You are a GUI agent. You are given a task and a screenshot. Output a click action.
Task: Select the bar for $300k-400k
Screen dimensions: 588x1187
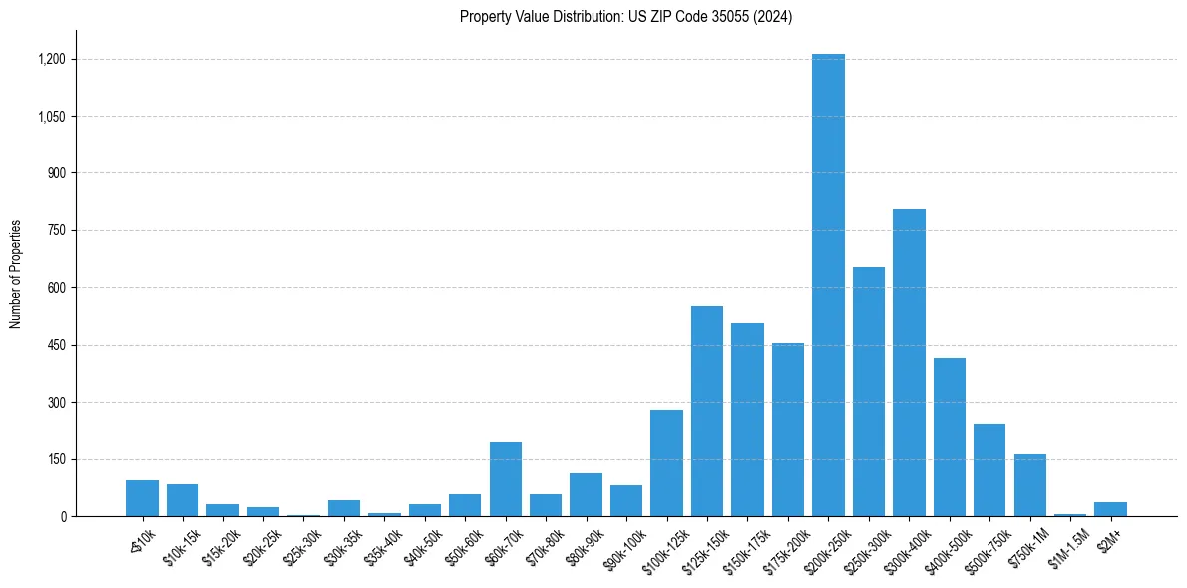click(909, 363)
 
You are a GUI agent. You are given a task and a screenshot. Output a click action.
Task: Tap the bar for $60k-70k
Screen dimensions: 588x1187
click(506, 479)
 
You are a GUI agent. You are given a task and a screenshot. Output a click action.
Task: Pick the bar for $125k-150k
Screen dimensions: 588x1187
click(707, 411)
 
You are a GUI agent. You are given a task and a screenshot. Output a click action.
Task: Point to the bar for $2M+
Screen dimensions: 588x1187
click(1110, 509)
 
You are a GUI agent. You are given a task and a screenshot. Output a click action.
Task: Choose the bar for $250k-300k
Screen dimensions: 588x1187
click(868, 392)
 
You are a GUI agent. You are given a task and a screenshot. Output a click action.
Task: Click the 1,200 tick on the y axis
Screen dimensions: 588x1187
click(51, 59)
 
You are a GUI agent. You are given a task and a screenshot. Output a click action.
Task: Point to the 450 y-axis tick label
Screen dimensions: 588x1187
click(57, 345)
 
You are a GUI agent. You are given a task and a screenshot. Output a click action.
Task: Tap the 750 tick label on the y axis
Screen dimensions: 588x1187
click(57, 230)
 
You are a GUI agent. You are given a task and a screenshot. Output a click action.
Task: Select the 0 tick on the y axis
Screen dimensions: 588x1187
click(62, 516)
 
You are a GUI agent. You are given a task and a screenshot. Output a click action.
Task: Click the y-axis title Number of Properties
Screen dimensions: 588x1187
click(16, 273)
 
